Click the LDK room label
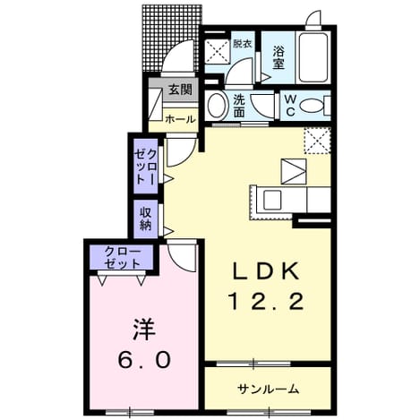(x=266, y=270)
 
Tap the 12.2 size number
(x=266, y=301)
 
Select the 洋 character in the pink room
(x=144, y=330)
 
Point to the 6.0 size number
(x=144, y=360)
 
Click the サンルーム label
(x=268, y=389)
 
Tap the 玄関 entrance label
(x=180, y=90)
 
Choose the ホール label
(x=180, y=119)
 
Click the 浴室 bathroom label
(x=278, y=58)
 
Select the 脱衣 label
(x=243, y=44)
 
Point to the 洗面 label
(x=239, y=106)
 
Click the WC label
(x=290, y=106)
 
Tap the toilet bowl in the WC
(x=311, y=106)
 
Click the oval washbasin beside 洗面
(x=216, y=106)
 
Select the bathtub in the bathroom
(x=313, y=57)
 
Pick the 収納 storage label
(x=145, y=219)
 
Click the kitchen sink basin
(x=272, y=200)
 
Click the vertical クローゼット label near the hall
(x=145, y=166)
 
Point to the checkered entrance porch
(x=172, y=38)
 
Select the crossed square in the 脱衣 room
(x=218, y=51)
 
